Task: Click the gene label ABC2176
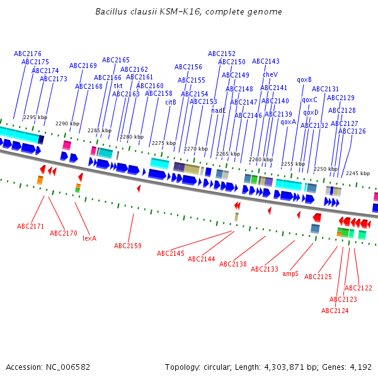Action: (x=27, y=54)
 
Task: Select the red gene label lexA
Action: (x=89, y=238)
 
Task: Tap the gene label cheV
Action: (x=270, y=74)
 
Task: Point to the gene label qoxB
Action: (x=304, y=80)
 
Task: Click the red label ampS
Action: (x=290, y=274)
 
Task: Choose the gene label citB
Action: (x=171, y=102)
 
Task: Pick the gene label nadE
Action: (x=219, y=110)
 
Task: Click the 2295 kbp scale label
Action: (x=35, y=118)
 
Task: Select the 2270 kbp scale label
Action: (x=196, y=149)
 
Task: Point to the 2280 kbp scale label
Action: (x=132, y=137)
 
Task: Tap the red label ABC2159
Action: (x=128, y=246)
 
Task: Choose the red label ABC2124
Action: (x=335, y=311)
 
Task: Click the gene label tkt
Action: (x=118, y=86)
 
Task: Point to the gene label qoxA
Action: (x=288, y=122)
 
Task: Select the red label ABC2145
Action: (x=171, y=253)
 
